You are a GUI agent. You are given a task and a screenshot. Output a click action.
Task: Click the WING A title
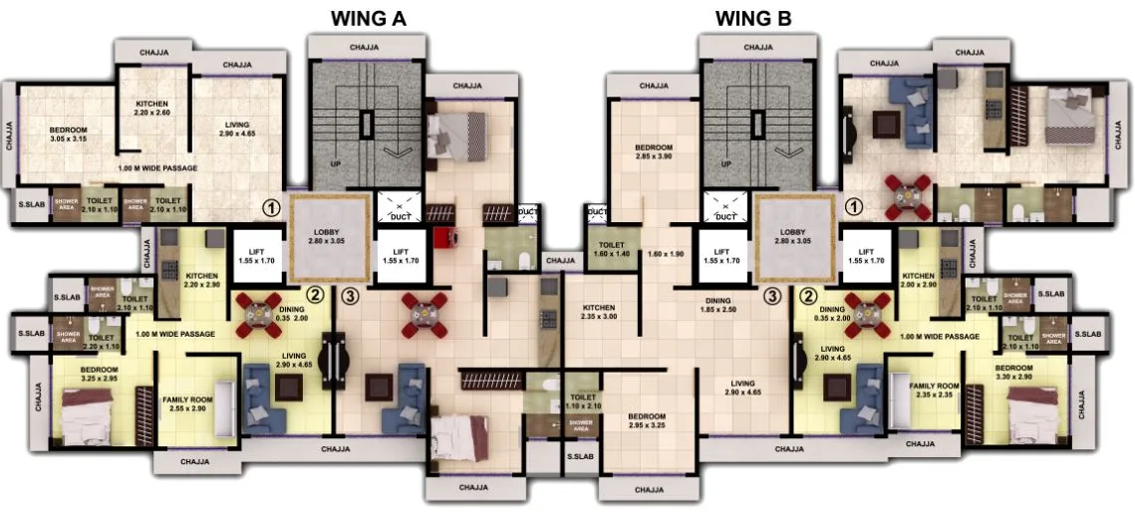click(369, 18)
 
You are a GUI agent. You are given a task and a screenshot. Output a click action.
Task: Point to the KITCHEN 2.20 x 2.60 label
click(152, 109)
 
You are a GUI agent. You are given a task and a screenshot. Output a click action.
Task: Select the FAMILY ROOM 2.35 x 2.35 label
click(934, 389)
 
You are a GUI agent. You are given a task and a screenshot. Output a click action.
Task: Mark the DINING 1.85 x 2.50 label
click(717, 305)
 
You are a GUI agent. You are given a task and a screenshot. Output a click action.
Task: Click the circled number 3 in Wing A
click(348, 295)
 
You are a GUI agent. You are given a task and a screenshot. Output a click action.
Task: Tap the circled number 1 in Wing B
click(853, 207)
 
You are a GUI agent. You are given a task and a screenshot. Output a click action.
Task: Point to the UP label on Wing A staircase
click(334, 164)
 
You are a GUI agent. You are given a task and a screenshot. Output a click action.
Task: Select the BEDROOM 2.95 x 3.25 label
click(647, 420)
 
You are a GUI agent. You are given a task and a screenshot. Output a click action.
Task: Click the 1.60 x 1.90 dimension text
click(666, 254)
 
